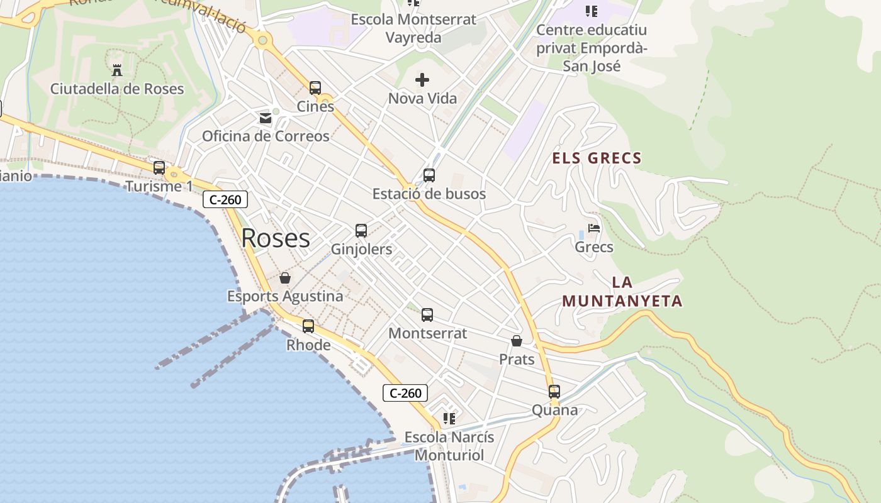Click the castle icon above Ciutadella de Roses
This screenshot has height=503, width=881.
tap(116, 69)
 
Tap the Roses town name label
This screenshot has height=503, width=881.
tap(276, 238)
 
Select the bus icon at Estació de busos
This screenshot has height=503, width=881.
tap(429, 175)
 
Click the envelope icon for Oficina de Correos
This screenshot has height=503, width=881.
tap(266, 118)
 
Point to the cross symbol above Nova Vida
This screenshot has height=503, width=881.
tap(422, 80)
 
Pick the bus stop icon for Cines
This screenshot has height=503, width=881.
tap(315, 88)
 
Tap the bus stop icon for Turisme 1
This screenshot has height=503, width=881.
tap(159, 168)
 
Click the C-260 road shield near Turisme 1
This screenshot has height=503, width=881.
tap(225, 200)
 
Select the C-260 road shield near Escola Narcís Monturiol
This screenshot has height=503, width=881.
tap(405, 394)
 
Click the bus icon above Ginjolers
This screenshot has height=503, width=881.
tap(361, 231)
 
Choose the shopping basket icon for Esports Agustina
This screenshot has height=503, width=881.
tap(285, 278)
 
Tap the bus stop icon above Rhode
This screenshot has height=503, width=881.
tap(308, 326)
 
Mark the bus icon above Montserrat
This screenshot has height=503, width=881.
tap(427, 315)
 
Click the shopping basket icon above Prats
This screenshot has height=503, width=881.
tap(517, 341)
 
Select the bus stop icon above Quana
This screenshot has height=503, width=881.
tap(554, 392)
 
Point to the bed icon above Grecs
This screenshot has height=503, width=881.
tap(594, 228)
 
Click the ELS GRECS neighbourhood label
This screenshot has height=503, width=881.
tap(597, 158)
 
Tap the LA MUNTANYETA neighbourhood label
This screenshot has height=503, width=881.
tap(622, 292)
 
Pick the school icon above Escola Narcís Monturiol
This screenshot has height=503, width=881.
tap(449, 418)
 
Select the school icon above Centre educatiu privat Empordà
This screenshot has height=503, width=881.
tap(591, 11)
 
